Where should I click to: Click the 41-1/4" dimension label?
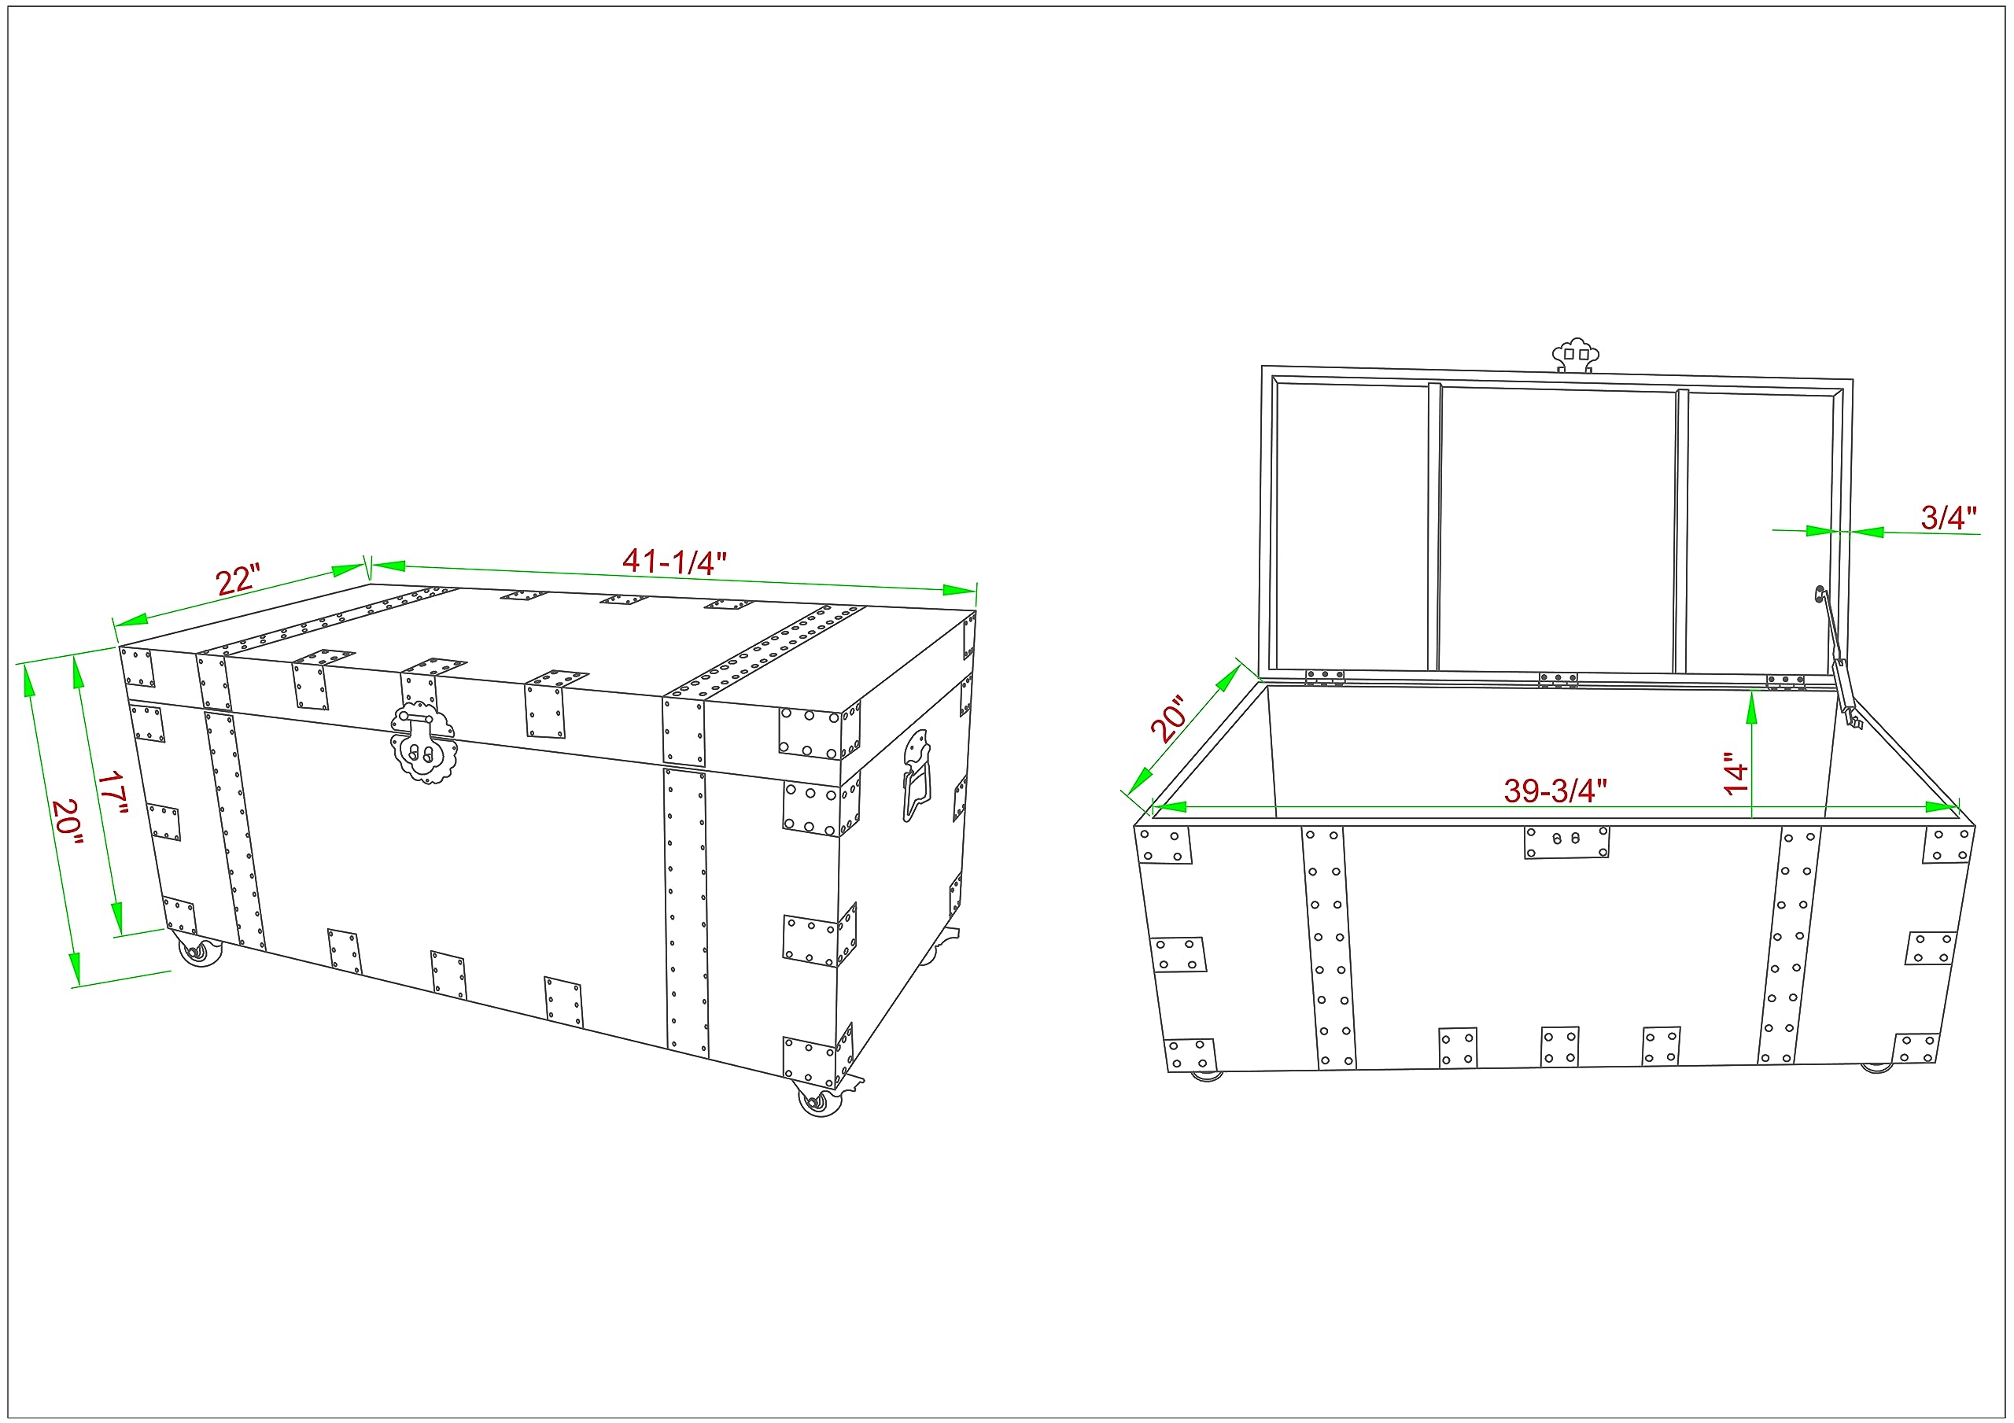673,562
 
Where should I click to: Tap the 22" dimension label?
238,580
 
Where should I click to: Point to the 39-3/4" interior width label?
1555,791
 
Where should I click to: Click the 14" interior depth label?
1735,774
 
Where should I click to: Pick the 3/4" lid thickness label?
1948,518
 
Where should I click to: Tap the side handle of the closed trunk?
917,776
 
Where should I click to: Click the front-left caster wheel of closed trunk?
200,951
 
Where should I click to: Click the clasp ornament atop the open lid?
1576,356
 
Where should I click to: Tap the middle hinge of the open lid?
1558,680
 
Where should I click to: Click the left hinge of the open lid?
1325,677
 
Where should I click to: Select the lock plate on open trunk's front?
1566,842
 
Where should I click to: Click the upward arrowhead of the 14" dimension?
1752,706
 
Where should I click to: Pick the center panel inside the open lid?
1558,531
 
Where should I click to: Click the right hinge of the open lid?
1786,682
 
